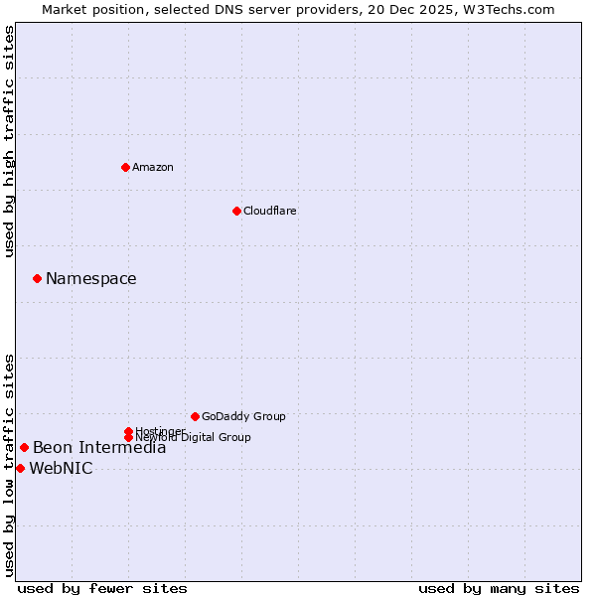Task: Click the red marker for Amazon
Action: tap(125, 167)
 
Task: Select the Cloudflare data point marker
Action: tap(236, 211)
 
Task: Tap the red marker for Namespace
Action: tap(37, 279)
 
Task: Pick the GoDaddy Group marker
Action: tap(195, 416)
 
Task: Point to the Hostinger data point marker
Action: tap(128, 431)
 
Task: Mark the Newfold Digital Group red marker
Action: tap(128, 437)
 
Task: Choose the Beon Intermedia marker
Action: tap(24, 448)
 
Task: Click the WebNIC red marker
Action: tap(20, 469)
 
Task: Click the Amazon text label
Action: tap(152, 167)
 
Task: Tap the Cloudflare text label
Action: tap(269, 211)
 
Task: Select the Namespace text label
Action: tap(90, 279)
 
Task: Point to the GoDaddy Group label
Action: tap(243, 416)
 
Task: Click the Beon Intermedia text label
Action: tap(99, 448)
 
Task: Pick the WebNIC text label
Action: tap(61, 469)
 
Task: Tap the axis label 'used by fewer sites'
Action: tap(102, 588)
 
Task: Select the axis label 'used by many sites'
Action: tap(499, 588)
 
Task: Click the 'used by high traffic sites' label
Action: tap(9, 141)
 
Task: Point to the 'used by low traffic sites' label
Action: tap(9, 464)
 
